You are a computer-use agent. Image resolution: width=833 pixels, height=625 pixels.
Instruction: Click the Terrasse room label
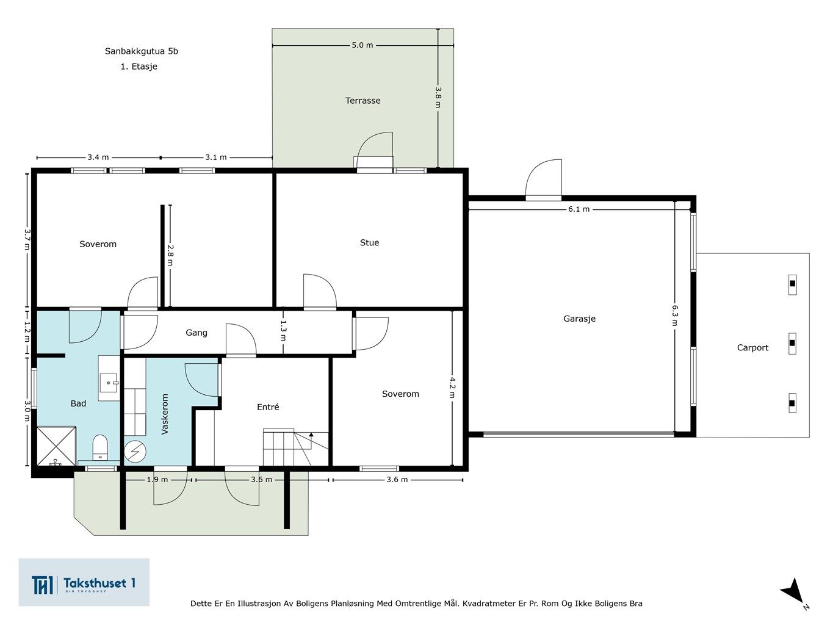point(362,101)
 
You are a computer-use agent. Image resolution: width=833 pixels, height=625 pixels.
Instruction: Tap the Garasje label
point(579,319)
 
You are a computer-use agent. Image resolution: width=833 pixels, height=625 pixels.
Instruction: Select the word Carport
point(752,348)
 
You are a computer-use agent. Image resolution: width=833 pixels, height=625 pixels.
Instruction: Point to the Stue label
point(369,242)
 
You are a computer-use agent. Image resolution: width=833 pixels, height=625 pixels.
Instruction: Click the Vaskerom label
point(164,414)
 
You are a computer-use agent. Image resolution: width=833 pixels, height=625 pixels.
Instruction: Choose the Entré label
point(268,407)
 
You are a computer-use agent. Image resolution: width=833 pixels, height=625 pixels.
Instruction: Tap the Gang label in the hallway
point(197,333)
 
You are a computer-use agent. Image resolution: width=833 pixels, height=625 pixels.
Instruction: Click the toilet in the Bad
point(100,447)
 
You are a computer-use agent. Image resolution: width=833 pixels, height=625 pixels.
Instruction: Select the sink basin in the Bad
point(109,383)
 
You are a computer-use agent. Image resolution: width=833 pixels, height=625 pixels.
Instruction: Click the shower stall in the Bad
point(56,446)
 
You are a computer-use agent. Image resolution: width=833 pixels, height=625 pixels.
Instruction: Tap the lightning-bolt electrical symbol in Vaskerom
point(135,451)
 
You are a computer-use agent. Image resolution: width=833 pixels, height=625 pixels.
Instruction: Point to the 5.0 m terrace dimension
point(362,45)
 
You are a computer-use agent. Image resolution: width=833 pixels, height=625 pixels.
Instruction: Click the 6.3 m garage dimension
point(674,316)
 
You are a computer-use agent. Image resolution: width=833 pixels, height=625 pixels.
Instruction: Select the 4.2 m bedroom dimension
point(452,387)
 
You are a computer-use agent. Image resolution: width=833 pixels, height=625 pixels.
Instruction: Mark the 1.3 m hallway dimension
point(283,331)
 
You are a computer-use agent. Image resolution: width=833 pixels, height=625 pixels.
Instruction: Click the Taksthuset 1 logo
point(84,582)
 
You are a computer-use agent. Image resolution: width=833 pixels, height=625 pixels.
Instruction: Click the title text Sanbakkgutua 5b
point(141,51)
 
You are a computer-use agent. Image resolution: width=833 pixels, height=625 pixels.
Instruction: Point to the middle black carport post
point(792,343)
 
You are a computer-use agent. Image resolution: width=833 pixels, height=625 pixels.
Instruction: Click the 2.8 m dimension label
point(170,255)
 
